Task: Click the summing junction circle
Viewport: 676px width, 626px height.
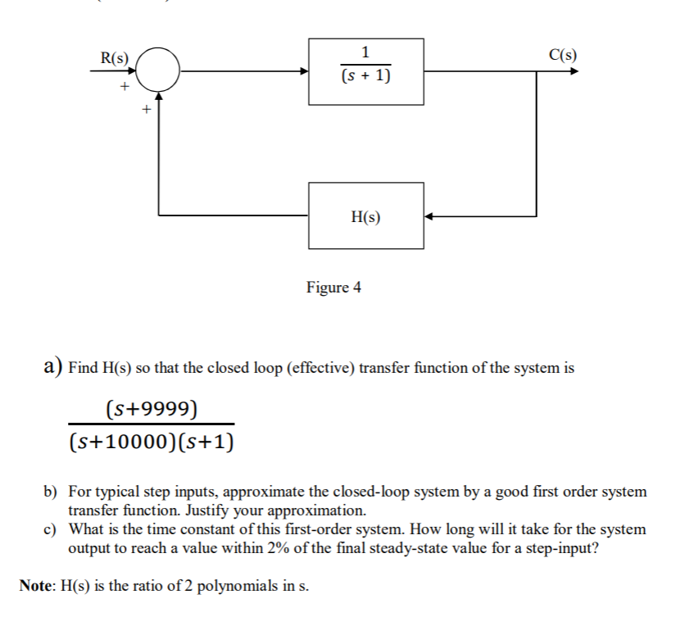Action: (x=158, y=70)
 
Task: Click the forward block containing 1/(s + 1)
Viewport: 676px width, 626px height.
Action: (x=365, y=70)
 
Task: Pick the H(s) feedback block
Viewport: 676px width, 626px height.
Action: (x=365, y=215)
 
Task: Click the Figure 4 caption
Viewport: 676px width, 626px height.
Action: (x=333, y=288)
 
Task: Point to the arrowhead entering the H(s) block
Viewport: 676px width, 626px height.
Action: (x=429, y=216)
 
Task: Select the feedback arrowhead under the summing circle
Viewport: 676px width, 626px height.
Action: (x=158, y=97)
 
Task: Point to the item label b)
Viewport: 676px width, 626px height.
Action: (x=51, y=492)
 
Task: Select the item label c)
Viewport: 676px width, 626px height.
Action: (x=51, y=529)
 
